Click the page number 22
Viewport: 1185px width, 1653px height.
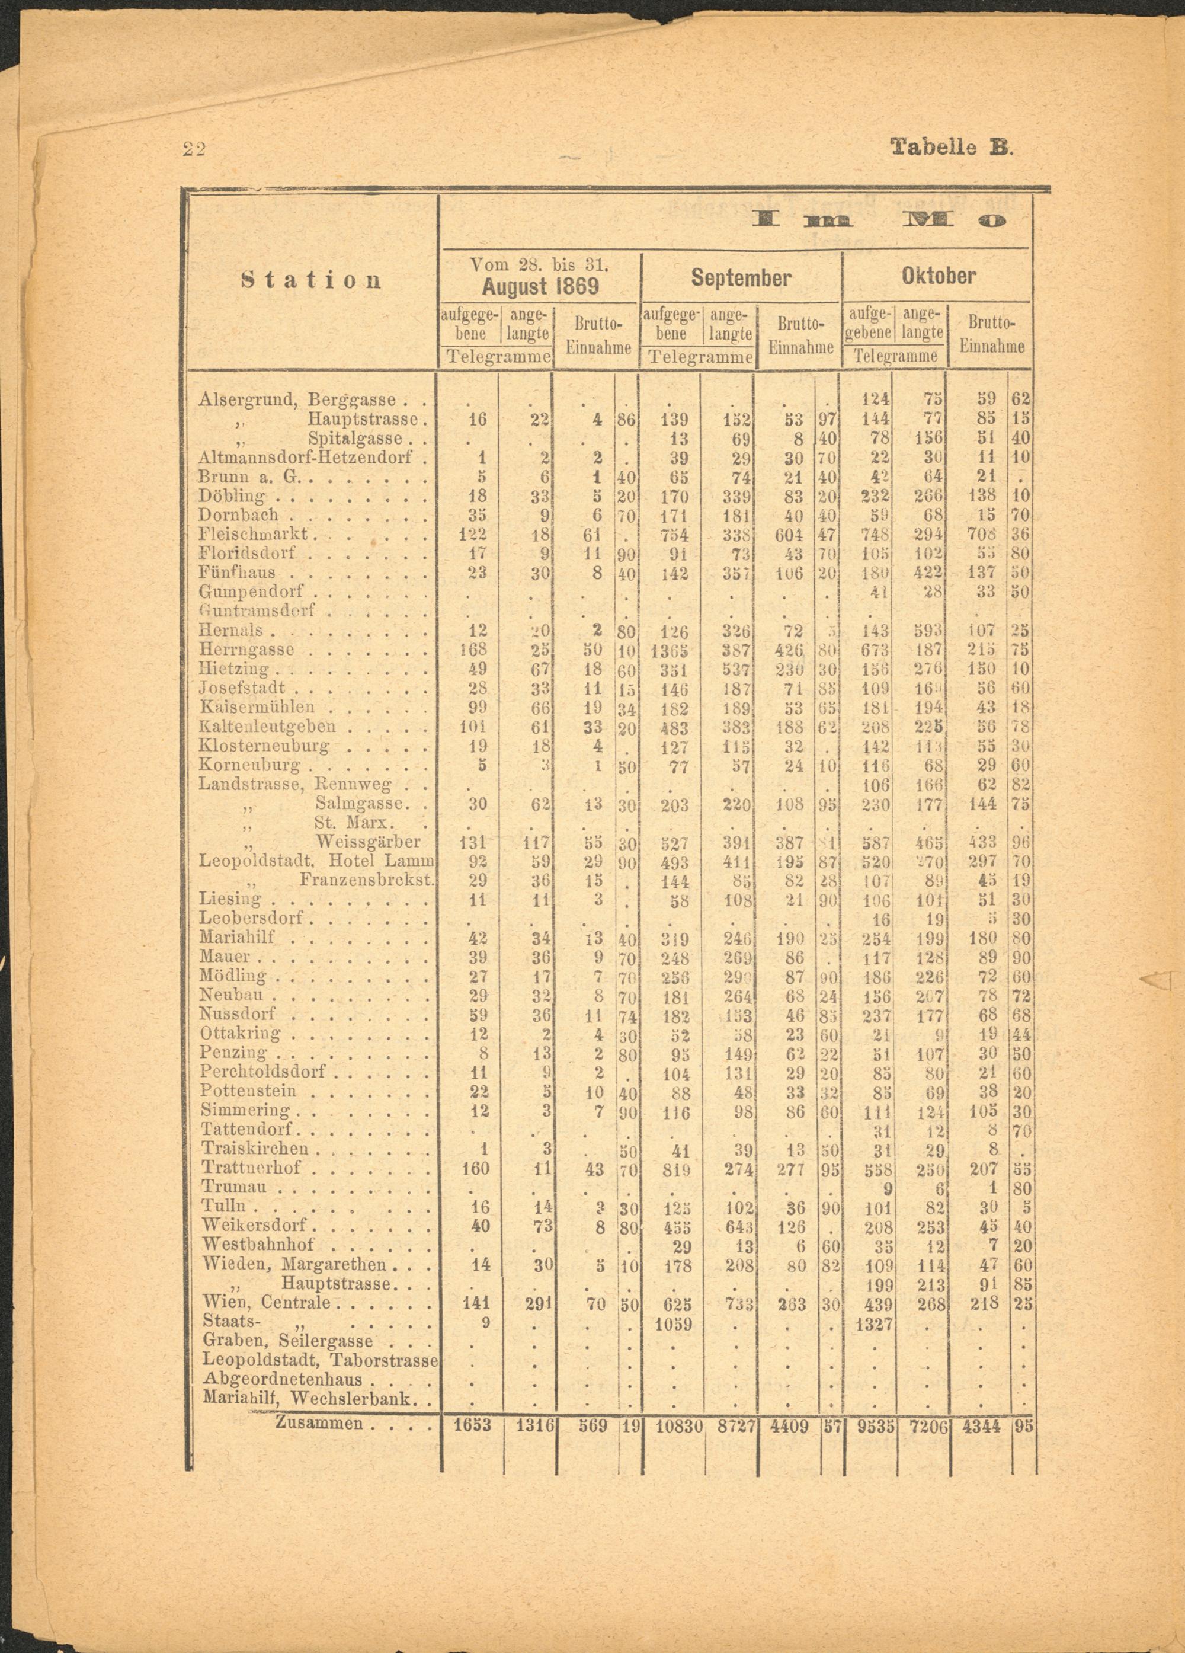pyautogui.click(x=194, y=149)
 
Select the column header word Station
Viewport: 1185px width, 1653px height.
pyautogui.click(x=311, y=280)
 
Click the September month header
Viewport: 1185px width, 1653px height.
pyautogui.click(x=741, y=278)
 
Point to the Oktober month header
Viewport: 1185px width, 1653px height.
pyautogui.click(x=938, y=276)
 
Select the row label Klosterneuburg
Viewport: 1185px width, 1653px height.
pyautogui.click(x=264, y=746)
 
